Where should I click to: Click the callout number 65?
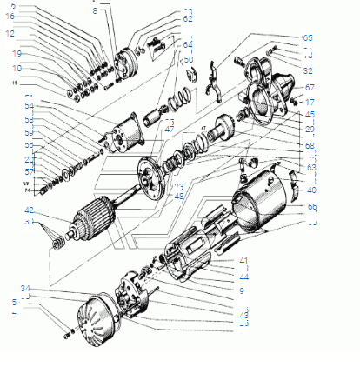click(307, 39)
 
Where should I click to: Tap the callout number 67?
click(310, 88)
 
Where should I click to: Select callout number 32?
click(309, 70)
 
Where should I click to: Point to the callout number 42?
click(30, 210)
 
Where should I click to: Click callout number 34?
click(26, 288)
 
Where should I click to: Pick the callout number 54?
click(30, 105)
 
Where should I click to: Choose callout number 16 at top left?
click(11, 16)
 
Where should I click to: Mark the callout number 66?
click(311, 207)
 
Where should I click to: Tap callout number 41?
click(244, 260)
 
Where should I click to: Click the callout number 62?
click(188, 18)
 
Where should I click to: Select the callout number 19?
click(17, 53)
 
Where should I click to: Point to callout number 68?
click(311, 144)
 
